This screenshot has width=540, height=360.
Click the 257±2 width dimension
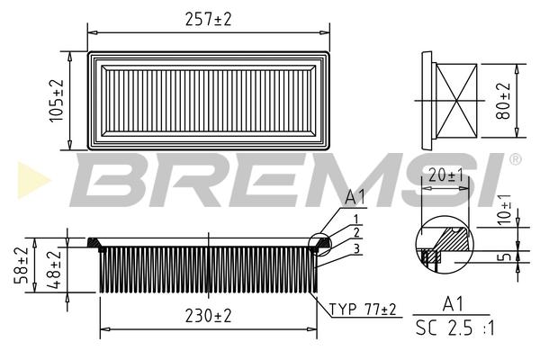[x=209, y=19]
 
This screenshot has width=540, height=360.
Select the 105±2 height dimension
[x=57, y=101]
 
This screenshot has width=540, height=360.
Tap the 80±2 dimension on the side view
[x=503, y=101]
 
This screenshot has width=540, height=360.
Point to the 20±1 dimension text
[x=446, y=175]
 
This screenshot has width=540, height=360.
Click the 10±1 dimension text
[x=505, y=209]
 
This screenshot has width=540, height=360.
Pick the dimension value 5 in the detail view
[x=506, y=256]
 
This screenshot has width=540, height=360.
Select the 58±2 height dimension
[x=21, y=265]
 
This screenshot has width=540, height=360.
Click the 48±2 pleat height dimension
[x=53, y=269]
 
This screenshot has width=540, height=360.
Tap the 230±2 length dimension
[x=209, y=316]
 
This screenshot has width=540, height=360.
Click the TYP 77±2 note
[x=363, y=310]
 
